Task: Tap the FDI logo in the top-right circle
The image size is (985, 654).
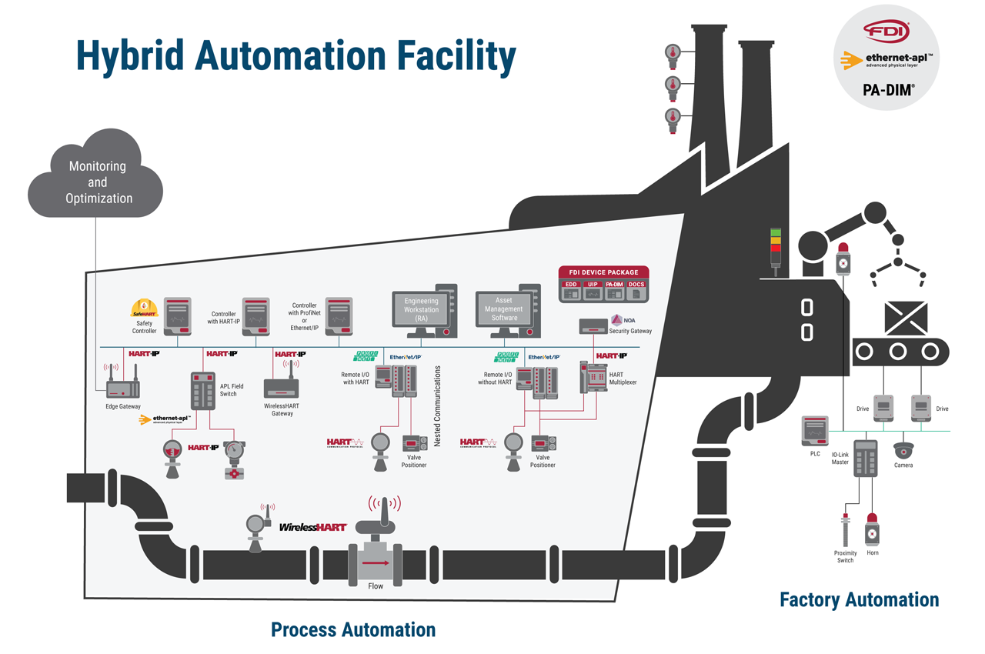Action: point(886,32)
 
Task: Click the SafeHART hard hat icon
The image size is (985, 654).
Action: point(144,309)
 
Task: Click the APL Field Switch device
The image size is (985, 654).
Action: point(205,391)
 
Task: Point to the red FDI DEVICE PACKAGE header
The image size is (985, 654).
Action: point(603,272)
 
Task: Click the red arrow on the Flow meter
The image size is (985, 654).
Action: point(376,562)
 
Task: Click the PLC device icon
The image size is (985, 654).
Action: point(814,431)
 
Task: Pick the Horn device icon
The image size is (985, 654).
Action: point(872,530)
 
